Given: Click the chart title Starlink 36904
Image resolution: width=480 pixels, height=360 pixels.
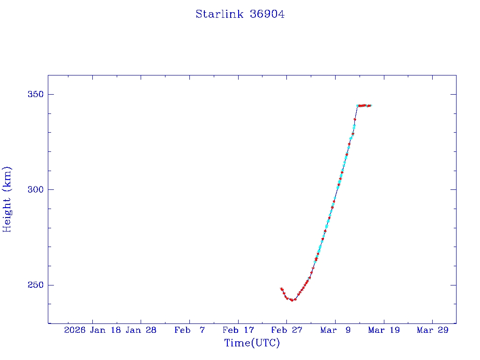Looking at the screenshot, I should pyautogui.click(x=240, y=15).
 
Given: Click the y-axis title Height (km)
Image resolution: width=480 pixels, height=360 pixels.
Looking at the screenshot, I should pyautogui.click(x=7, y=199).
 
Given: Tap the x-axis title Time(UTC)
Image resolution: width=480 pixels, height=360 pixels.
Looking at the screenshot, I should pyautogui.click(x=252, y=344).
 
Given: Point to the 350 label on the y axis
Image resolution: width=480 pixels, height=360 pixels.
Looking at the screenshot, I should pyautogui.click(x=34, y=95).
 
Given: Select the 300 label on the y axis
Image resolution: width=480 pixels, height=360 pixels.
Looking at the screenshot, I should pyautogui.click(x=34, y=190).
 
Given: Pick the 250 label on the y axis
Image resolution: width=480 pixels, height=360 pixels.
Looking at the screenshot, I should pyautogui.click(x=34, y=285).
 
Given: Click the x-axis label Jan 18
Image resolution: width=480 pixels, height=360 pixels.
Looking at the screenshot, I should pyautogui.click(x=105, y=330).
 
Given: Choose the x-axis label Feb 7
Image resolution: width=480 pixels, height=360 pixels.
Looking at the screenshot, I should pyautogui.click(x=189, y=330).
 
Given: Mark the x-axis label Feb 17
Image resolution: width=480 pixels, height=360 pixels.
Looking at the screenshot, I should pyautogui.click(x=238, y=330).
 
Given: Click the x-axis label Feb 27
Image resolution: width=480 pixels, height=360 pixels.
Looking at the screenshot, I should pyautogui.click(x=286, y=330).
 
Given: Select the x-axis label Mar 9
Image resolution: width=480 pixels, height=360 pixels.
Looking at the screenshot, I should pyautogui.click(x=335, y=330).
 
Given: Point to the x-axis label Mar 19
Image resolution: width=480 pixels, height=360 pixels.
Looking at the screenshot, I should pyautogui.click(x=383, y=330).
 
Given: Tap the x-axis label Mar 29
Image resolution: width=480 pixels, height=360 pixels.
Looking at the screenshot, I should pyautogui.click(x=432, y=330).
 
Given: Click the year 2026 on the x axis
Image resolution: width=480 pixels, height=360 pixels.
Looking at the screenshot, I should pyautogui.click(x=75, y=330).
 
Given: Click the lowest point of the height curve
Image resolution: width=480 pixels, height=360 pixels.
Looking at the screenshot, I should pyautogui.click(x=292, y=300).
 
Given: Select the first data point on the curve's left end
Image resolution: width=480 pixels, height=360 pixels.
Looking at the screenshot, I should pyautogui.click(x=281, y=289).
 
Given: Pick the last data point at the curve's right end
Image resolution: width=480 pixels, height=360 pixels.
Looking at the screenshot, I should pyautogui.click(x=370, y=105).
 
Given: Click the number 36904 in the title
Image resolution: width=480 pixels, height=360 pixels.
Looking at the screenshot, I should pyautogui.click(x=267, y=15).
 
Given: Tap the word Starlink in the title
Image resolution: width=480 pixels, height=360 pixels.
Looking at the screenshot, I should pyautogui.click(x=220, y=15).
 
